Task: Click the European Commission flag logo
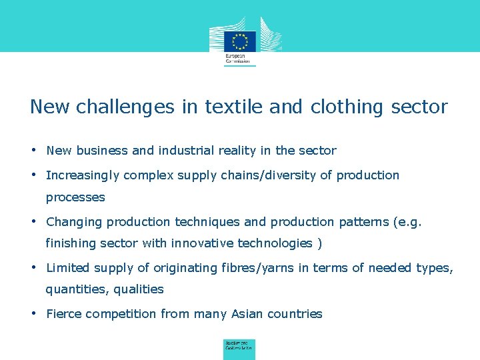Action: click(x=239, y=41)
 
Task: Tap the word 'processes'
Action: click(x=75, y=197)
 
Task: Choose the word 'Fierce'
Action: click(x=65, y=314)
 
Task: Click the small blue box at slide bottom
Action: click(x=239, y=348)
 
